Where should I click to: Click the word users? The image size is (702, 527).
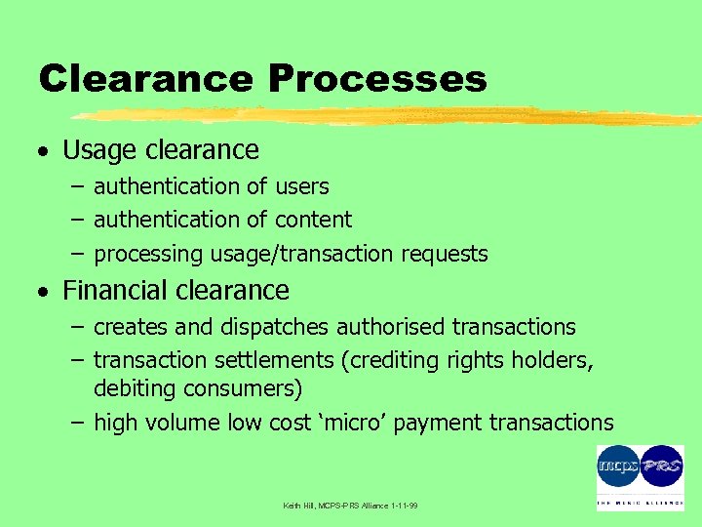point(302,186)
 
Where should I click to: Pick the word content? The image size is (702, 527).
point(313,221)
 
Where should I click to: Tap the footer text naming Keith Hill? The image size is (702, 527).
point(351,506)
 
